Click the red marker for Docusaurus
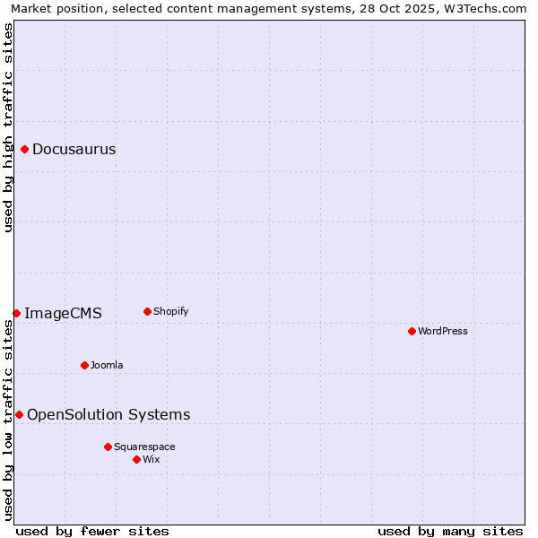(25, 149)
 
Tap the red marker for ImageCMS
(16, 313)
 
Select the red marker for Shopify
(147, 311)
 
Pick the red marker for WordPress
(412, 331)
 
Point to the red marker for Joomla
(84, 365)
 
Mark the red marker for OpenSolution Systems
(19, 414)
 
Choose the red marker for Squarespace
(108, 447)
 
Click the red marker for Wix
(136, 459)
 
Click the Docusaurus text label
(74, 149)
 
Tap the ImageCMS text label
(63, 313)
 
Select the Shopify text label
(170, 311)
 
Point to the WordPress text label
(443, 331)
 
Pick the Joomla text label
(107, 365)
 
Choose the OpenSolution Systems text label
(108, 414)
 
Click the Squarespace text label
(144, 447)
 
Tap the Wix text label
(151, 459)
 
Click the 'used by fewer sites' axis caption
(92, 531)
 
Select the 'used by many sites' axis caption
(450, 531)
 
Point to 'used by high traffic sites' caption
(8, 127)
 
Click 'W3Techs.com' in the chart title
(490, 8)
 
